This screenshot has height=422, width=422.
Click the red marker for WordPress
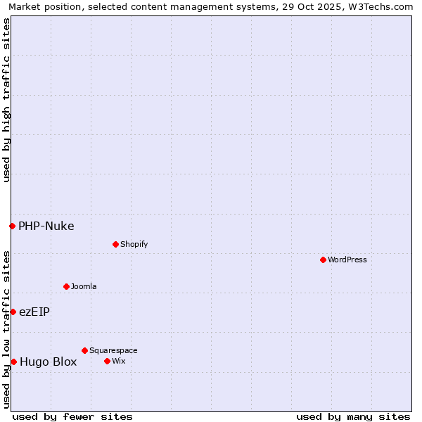[323, 260]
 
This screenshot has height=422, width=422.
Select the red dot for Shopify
[115, 244]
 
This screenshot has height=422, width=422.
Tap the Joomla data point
[66, 286]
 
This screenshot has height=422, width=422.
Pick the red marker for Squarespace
[84, 350]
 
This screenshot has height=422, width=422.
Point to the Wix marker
[107, 361]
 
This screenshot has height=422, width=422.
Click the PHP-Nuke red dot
[12, 226]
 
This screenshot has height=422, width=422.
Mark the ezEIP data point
[13, 312]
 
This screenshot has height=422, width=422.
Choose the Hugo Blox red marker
[13, 362]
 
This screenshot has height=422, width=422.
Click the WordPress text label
[347, 260]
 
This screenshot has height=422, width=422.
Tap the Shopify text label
[134, 244]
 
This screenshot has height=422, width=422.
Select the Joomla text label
[84, 286]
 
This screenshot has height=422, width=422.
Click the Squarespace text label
[113, 350]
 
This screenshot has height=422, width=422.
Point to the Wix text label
[118, 361]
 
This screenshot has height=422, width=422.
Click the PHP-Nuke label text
[46, 226]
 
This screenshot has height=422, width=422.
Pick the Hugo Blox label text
[48, 362]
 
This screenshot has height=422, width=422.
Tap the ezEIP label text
[34, 312]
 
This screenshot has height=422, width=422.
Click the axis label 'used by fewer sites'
[72, 416]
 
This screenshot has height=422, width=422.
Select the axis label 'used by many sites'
[353, 416]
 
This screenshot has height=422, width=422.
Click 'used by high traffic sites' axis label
[6, 100]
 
